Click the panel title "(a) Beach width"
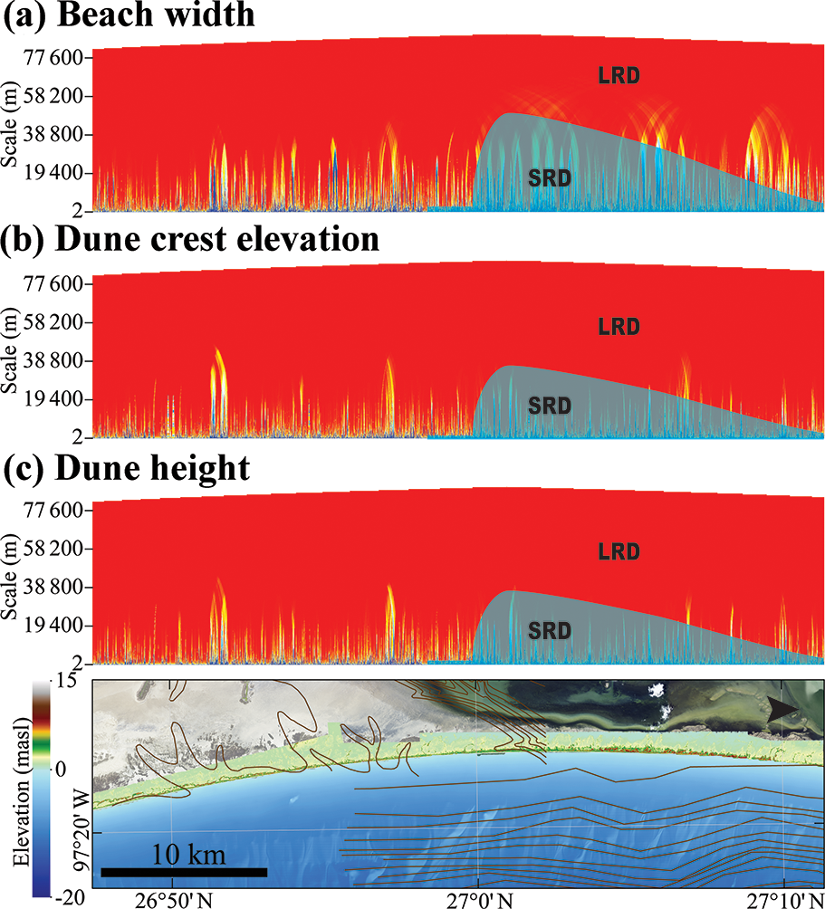click(x=129, y=18)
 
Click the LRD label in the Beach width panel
click(x=619, y=76)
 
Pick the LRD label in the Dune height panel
click(x=619, y=550)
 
